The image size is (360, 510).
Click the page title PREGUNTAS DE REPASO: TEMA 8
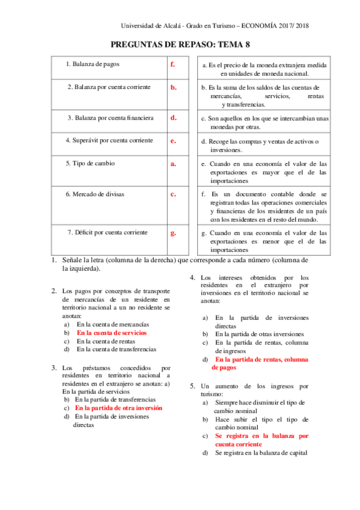(180, 44)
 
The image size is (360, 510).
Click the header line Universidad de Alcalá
(215, 26)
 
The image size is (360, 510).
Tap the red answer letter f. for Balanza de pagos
(172, 64)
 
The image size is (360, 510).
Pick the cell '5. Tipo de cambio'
(90, 163)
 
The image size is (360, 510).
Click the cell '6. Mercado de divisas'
(96, 194)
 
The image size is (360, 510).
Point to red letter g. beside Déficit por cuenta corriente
(173, 232)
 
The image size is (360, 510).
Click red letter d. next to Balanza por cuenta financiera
(173, 117)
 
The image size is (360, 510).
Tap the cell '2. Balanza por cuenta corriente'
(109, 87)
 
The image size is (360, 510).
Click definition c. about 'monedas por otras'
(264, 123)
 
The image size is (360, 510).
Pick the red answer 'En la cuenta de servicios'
(112, 332)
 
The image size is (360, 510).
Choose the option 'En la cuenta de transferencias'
(117, 349)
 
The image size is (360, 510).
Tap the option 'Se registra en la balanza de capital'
(261, 452)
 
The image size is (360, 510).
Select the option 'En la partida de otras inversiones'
(260, 334)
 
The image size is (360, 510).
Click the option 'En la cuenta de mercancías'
(113, 324)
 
